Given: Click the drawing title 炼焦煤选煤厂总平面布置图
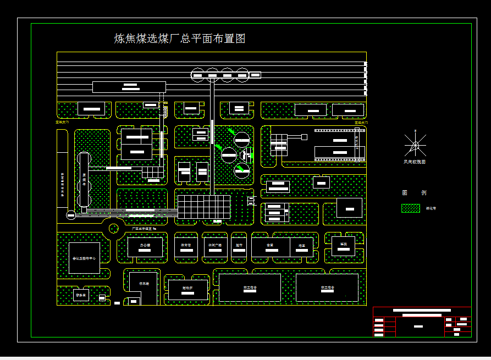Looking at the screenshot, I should (179, 39).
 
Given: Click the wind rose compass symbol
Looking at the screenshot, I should (415, 145).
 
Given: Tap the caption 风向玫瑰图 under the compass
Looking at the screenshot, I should (415, 162).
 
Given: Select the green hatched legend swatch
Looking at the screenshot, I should (410, 208).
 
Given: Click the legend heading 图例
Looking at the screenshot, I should (414, 193).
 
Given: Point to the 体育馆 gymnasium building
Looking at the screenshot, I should (186, 246).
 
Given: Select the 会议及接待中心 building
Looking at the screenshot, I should (84, 258).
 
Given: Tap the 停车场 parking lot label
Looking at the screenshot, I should (145, 284).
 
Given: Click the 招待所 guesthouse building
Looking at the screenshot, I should (188, 290).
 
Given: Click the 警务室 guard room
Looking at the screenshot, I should (81, 296).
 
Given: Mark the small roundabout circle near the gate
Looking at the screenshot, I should (114, 228).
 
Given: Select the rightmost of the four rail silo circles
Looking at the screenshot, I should (242, 75).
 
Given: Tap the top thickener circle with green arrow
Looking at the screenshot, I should (242, 139).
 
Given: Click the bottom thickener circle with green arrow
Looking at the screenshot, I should (242, 171).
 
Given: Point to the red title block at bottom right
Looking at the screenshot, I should (422, 322).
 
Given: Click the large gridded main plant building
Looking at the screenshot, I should (204, 207).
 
